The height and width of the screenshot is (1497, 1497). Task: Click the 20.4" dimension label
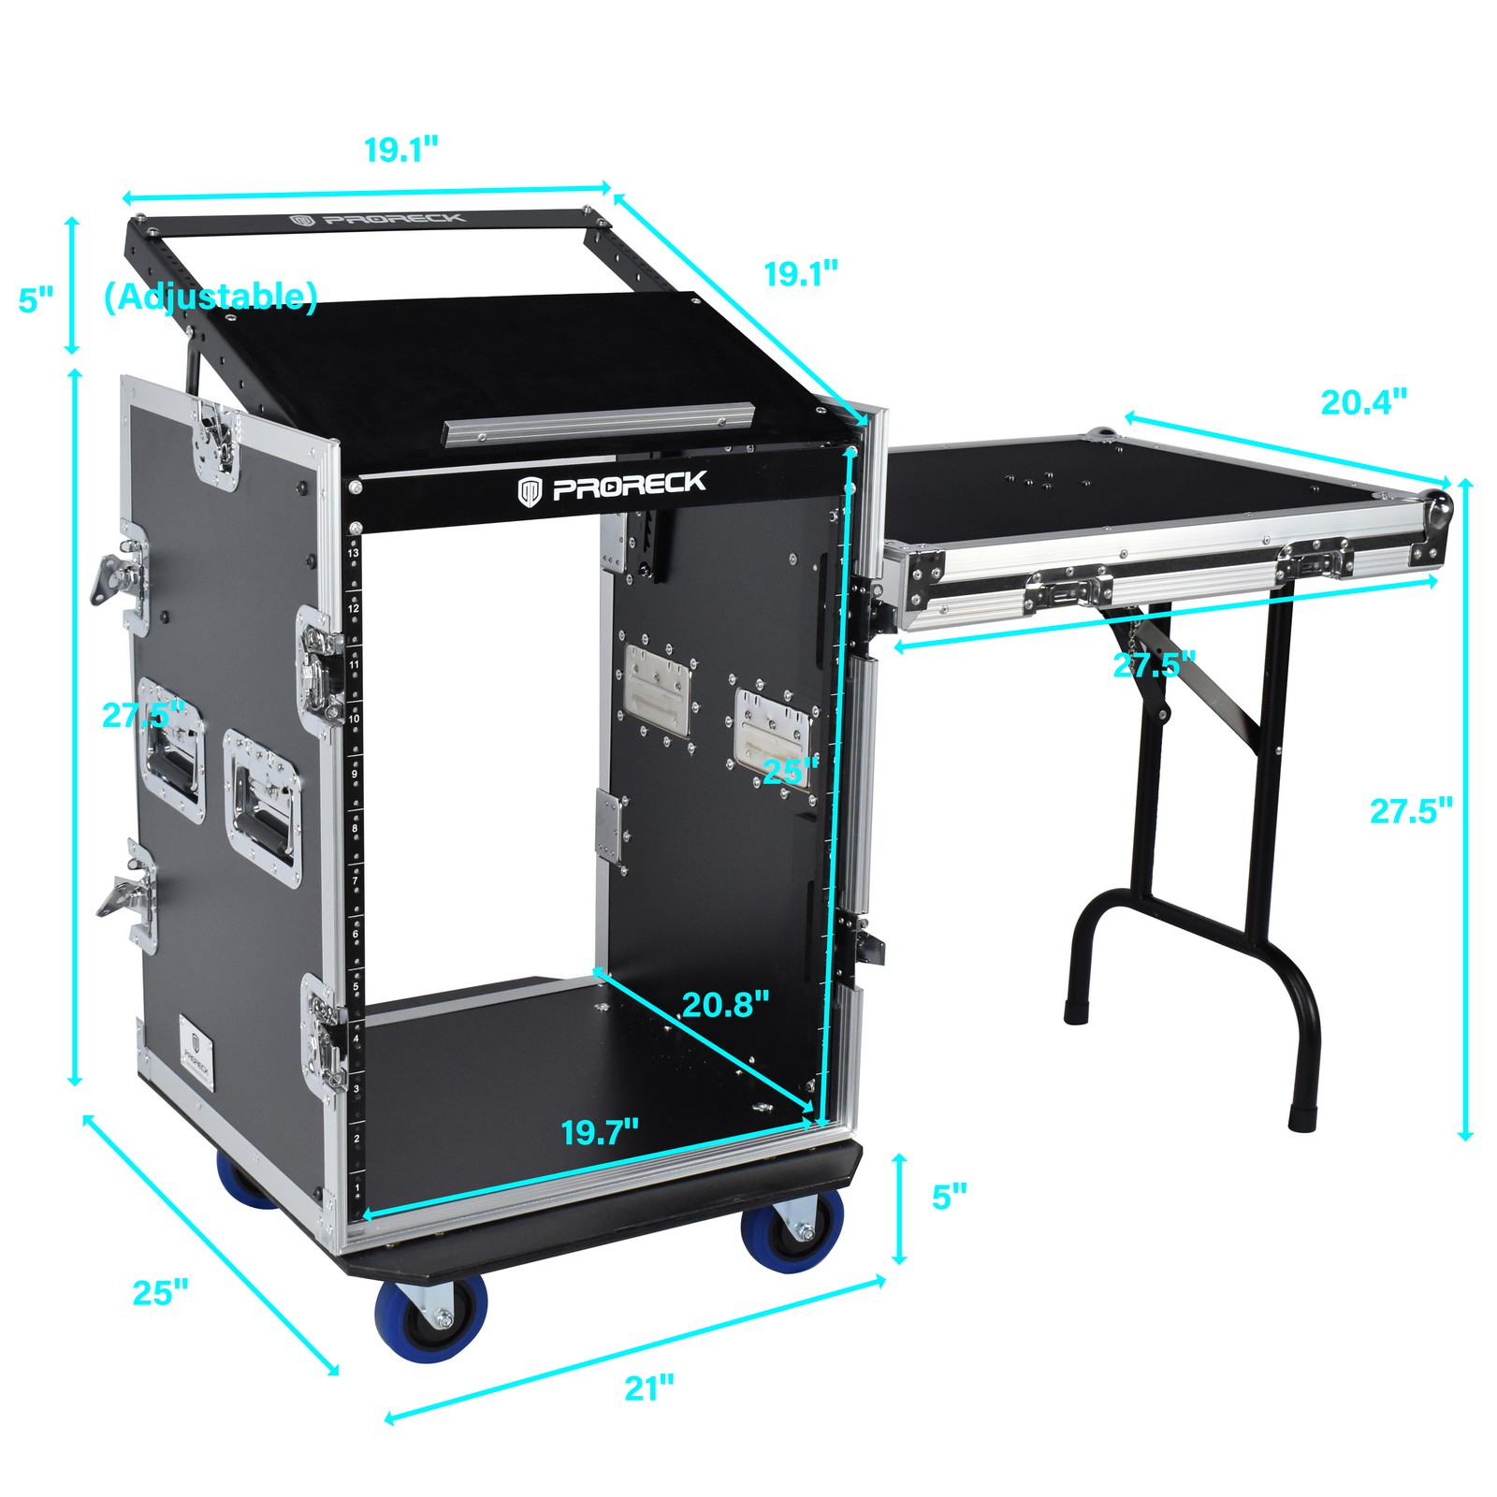[1363, 402]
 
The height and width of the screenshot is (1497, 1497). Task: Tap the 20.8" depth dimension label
[725, 1005]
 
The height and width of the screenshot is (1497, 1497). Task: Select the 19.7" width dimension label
[600, 1132]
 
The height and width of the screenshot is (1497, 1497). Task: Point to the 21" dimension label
[648, 1388]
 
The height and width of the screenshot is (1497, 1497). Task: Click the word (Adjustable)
[211, 297]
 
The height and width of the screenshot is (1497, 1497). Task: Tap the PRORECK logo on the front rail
[614, 487]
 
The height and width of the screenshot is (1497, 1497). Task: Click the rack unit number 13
[353, 554]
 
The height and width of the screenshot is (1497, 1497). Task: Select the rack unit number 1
[357, 1189]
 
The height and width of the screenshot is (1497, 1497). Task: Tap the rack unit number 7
[355, 881]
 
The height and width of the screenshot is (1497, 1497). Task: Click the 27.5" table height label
[1411, 810]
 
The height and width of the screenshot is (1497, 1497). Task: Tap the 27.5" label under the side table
[1154, 665]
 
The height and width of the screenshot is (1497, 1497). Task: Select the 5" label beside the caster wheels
[949, 1197]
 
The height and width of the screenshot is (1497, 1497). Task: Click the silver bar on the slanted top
[599, 423]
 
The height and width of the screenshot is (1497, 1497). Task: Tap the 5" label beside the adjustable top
[36, 300]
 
